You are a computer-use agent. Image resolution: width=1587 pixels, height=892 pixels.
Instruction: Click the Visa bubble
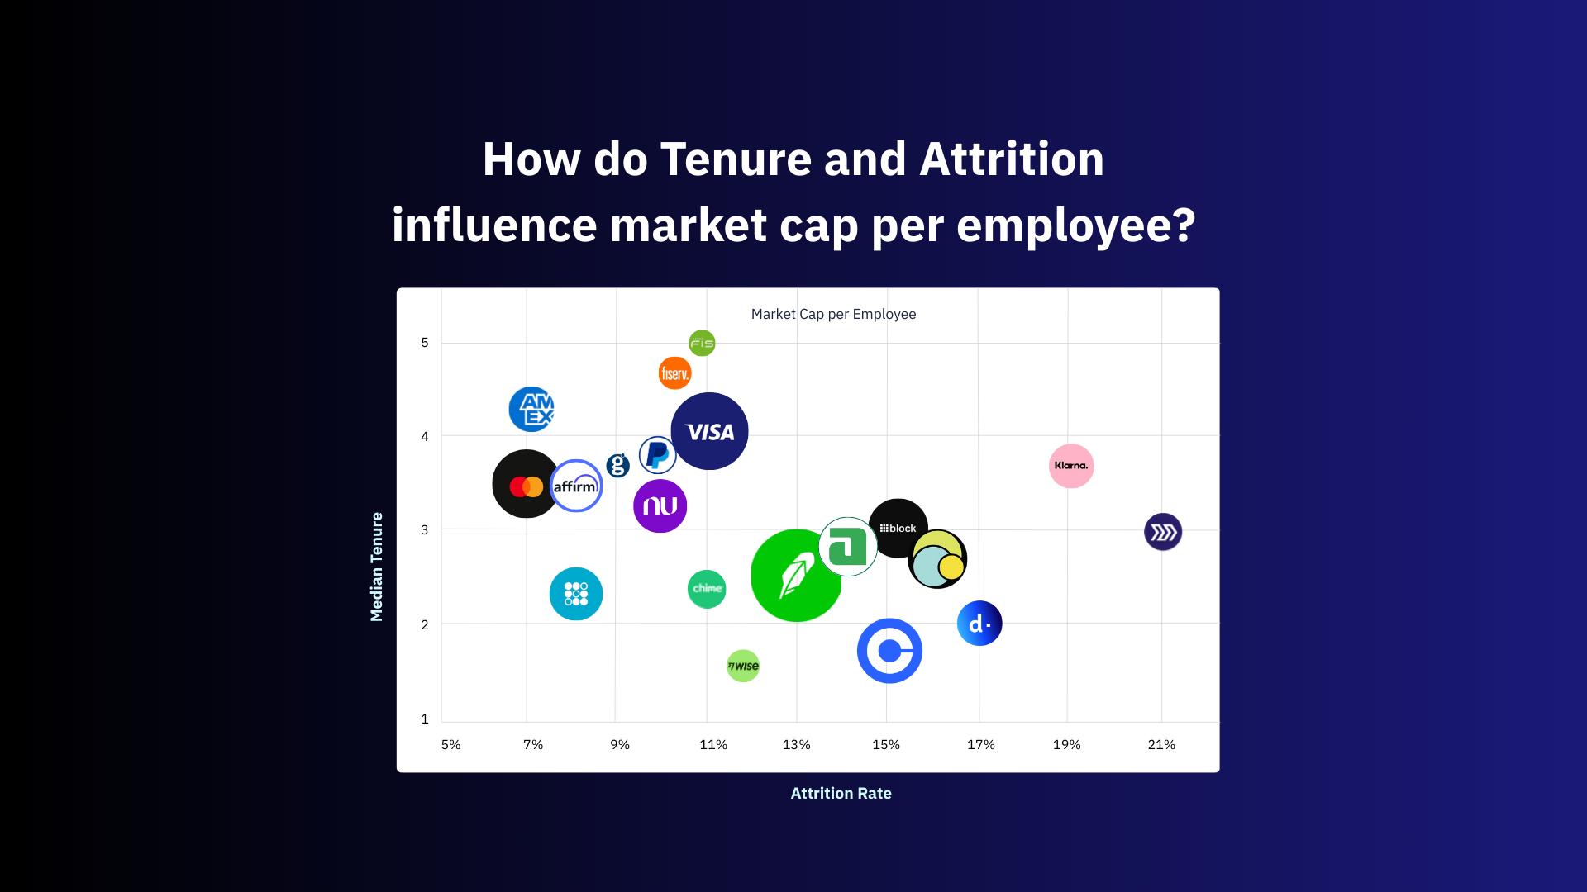coord(709,431)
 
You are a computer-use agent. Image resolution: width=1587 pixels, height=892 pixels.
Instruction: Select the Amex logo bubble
coord(531,409)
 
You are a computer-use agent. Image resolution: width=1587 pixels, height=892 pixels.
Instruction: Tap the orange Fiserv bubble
coord(674,373)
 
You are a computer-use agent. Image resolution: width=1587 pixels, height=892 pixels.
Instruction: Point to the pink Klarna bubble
coord(1071,466)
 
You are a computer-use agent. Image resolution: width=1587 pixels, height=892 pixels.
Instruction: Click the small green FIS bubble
coord(702,343)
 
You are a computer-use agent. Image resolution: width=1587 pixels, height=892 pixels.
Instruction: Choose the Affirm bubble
coord(576,486)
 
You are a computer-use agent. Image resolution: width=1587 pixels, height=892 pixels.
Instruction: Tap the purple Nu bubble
coord(660,505)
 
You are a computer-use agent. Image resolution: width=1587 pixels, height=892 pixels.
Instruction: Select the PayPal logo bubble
coord(657,455)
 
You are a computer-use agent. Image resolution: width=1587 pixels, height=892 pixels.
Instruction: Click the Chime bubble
coord(707,589)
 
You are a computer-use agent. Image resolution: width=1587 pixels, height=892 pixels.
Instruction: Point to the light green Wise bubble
coord(743,666)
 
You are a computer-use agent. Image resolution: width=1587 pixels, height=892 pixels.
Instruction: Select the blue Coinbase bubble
coord(889,651)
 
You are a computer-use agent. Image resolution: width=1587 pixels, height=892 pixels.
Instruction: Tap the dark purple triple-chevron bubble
coord(1163,532)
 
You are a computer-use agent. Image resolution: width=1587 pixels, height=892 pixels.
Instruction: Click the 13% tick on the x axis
coord(797,745)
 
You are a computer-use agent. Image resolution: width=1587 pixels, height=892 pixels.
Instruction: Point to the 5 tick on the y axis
coord(425,342)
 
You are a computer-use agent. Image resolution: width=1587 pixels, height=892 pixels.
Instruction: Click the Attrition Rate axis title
coord(841,794)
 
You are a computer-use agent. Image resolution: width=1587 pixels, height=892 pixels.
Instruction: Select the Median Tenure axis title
coord(377,567)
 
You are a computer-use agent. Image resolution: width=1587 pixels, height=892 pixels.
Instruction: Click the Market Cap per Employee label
coord(833,314)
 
